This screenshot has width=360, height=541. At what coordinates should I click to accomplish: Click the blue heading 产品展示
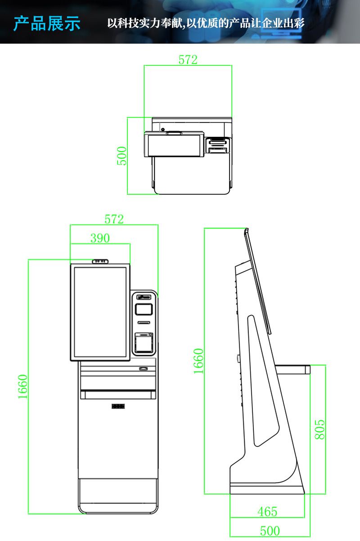pos(47,23)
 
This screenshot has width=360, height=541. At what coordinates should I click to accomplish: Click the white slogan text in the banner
pos(206,23)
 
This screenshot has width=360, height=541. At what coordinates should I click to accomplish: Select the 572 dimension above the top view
pos(188,60)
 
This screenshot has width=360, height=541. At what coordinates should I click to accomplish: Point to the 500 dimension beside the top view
pos(122,156)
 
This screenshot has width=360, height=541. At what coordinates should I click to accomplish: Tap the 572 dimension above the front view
pos(114,219)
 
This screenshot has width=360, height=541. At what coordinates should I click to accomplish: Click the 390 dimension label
pos(100,238)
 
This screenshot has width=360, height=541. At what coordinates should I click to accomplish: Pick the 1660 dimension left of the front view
pos(23,386)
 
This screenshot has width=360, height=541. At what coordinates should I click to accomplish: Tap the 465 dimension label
pos(267,512)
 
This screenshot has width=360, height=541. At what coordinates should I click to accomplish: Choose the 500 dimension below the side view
pos(270,531)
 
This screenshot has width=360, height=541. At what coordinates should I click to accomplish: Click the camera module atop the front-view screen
pos(100,261)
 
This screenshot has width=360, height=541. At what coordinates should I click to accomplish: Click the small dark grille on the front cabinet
pos(118,406)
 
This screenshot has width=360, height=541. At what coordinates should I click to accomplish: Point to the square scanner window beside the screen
pos(144,309)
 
